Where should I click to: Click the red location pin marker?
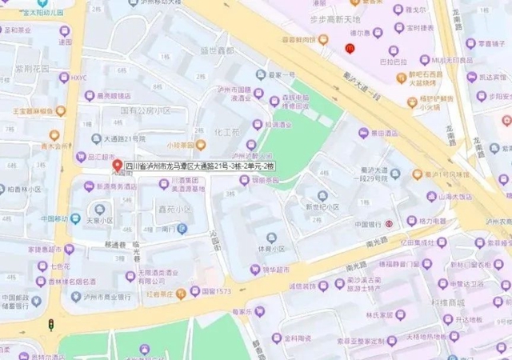tap(117, 166)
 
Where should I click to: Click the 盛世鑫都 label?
tap(217, 50)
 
